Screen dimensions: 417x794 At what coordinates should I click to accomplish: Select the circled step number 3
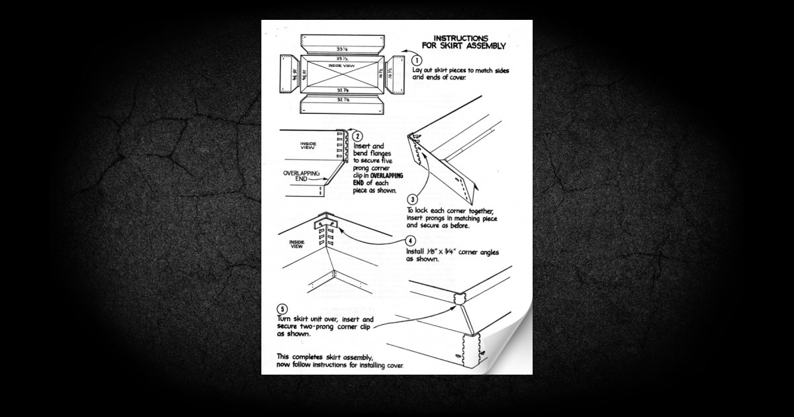pos(412,199)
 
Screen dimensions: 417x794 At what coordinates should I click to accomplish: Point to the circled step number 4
pos(411,241)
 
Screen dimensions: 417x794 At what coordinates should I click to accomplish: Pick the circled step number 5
pos(283,309)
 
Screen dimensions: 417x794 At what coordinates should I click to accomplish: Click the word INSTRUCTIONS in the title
pos(461,38)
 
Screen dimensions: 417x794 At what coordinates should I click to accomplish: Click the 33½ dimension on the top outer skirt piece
pos(341,50)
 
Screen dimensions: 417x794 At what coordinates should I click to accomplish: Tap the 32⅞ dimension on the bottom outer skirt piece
pos(343,100)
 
